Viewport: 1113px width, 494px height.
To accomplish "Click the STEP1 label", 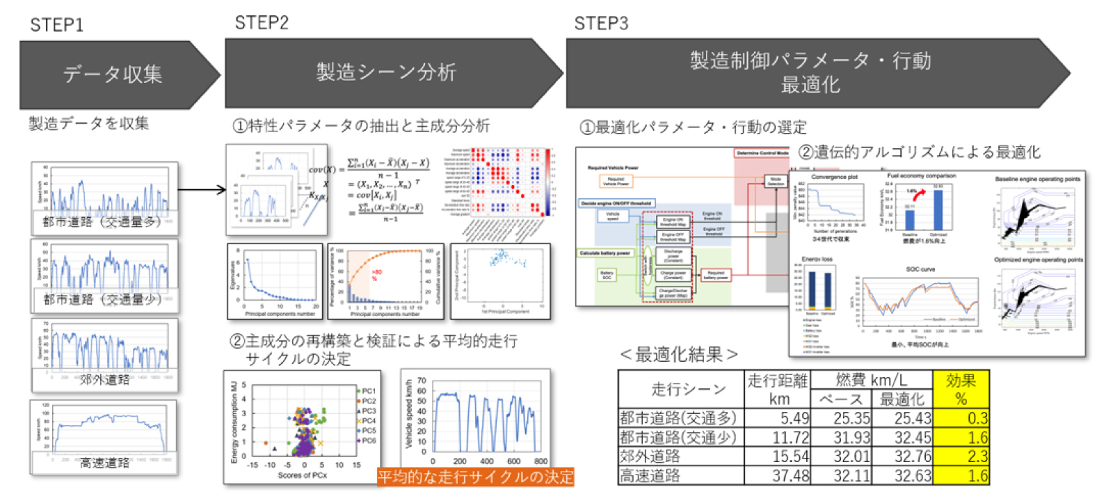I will pos(56,25).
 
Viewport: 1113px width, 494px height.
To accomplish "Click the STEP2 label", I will pos(262,23).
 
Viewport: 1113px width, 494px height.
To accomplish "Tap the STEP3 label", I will pos(601,24).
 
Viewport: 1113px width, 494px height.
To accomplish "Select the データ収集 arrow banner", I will pos(113,74).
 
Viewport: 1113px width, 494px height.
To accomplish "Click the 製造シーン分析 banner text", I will pos(386,72).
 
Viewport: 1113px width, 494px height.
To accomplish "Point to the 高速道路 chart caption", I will pos(104,463).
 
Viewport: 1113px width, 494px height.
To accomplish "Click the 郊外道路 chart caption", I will pos(104,379).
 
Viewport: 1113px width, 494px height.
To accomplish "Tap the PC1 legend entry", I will pos(368,391).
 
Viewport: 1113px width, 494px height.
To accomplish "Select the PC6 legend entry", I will pos(368,440).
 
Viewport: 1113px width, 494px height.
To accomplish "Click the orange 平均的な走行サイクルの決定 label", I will pos(475,477).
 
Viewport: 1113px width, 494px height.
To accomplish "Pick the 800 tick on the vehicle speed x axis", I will pos(541,461).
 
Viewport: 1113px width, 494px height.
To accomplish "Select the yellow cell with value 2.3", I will pos(961,456).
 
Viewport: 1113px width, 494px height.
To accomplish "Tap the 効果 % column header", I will pos(961,390).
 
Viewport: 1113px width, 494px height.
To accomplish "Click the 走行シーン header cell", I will pos(680,389).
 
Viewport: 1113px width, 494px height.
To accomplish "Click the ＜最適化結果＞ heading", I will pos(678,354).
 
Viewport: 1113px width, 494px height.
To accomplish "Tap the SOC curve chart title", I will pos(920,269).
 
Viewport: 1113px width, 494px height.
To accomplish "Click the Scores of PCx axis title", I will pos(302,475).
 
